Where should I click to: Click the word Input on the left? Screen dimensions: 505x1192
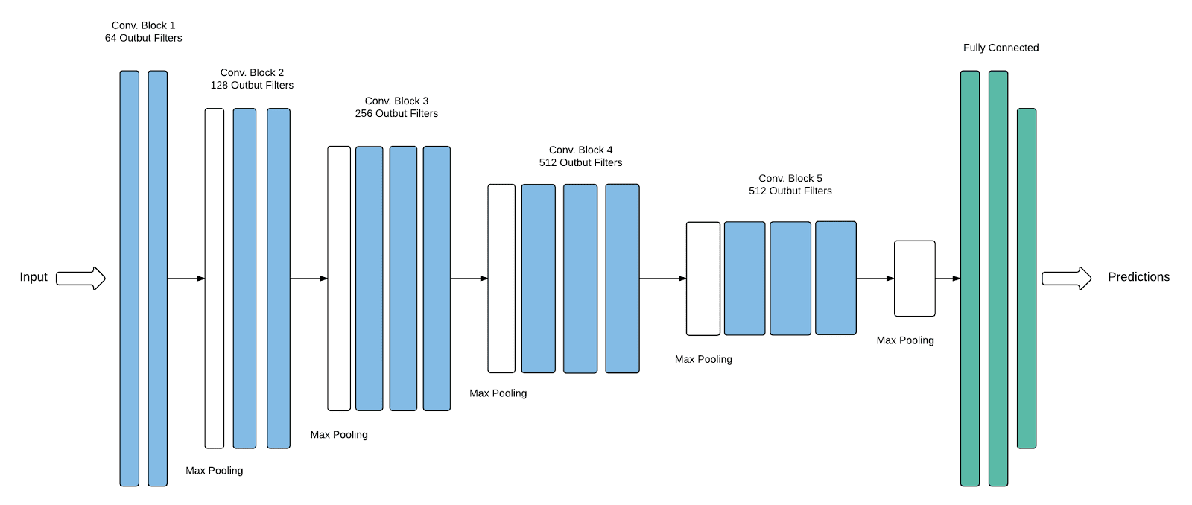point(34,277)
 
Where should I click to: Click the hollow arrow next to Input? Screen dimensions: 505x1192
point(80,279)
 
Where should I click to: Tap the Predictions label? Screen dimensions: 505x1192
point(1138,277)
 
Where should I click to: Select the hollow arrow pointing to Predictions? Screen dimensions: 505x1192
point(1066,279)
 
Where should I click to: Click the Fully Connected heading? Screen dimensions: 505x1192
point(1001,48)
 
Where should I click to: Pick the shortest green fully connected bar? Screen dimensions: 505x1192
point(1027,279)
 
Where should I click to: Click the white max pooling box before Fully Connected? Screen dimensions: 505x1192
point(914,279)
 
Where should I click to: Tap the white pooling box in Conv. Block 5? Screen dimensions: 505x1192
point(703,279)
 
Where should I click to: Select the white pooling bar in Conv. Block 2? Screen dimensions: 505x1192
point(215,279)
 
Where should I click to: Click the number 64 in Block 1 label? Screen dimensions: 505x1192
point(110,38)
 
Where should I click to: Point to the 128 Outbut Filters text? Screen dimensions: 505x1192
point(252,86)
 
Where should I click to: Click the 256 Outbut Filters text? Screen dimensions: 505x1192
point(396,114)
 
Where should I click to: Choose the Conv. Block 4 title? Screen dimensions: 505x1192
point(580,150)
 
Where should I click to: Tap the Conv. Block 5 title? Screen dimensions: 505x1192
point(790,179)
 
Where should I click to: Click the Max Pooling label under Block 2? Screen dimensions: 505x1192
point(215,471)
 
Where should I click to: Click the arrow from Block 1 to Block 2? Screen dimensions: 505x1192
point(186,279)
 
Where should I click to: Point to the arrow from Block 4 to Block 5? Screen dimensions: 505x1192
point(662,279)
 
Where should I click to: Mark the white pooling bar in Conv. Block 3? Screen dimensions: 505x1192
point(339,279)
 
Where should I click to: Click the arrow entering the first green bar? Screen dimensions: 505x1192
point(948,279)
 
